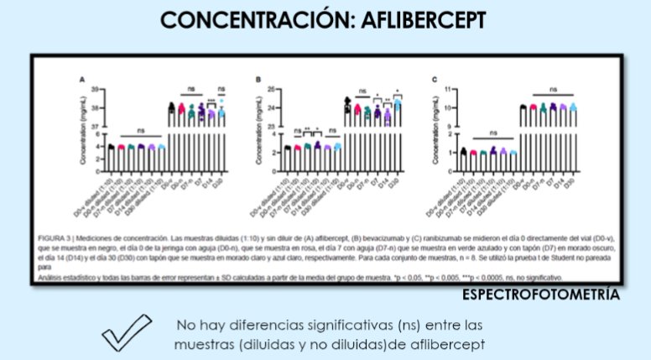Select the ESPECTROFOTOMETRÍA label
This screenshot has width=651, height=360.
tap(541, 295)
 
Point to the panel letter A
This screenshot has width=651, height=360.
tap(81, 80)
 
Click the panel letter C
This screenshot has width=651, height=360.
tap(434, 80)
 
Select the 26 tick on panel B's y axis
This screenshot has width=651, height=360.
tap(273, 88)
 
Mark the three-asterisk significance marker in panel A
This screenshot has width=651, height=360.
tap(211, 103)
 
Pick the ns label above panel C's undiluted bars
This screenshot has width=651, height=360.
tap(553, 88)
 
